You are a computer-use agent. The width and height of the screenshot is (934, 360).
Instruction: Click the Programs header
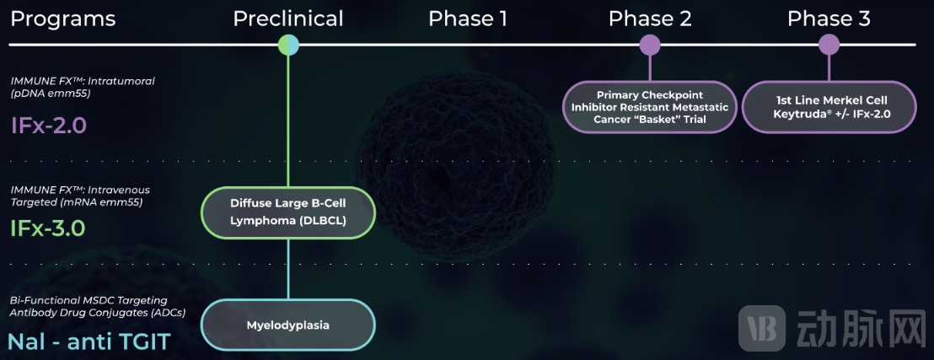coord(63,19)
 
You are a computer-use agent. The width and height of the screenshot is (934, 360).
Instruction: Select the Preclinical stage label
coord(288,19)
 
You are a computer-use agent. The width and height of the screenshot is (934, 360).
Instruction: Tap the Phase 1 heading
coord(468,19)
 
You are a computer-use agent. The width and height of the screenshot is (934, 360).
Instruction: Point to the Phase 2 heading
coord(650,19)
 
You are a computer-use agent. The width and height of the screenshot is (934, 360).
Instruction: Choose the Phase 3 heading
coord(829,19)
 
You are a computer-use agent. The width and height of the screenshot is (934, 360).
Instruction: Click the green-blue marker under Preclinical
coord(288,45)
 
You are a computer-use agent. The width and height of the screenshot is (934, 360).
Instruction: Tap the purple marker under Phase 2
coord(650,45)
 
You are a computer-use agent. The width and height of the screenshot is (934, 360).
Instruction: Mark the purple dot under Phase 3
coord(829,45)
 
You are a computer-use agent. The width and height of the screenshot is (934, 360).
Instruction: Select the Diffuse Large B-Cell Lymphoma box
coord(288,212)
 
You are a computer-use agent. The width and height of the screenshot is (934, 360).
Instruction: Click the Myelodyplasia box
coord(288,325)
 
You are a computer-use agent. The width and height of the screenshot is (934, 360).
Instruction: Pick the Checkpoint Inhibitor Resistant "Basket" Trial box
coord(649,107)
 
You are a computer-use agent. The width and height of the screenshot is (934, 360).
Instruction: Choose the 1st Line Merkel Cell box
coord(829,107)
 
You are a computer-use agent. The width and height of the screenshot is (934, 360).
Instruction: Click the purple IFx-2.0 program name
coord(49,126)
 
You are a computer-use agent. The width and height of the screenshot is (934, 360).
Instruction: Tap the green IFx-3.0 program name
coord(48,228)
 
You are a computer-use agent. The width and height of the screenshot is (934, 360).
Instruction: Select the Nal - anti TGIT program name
coord(89,341)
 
